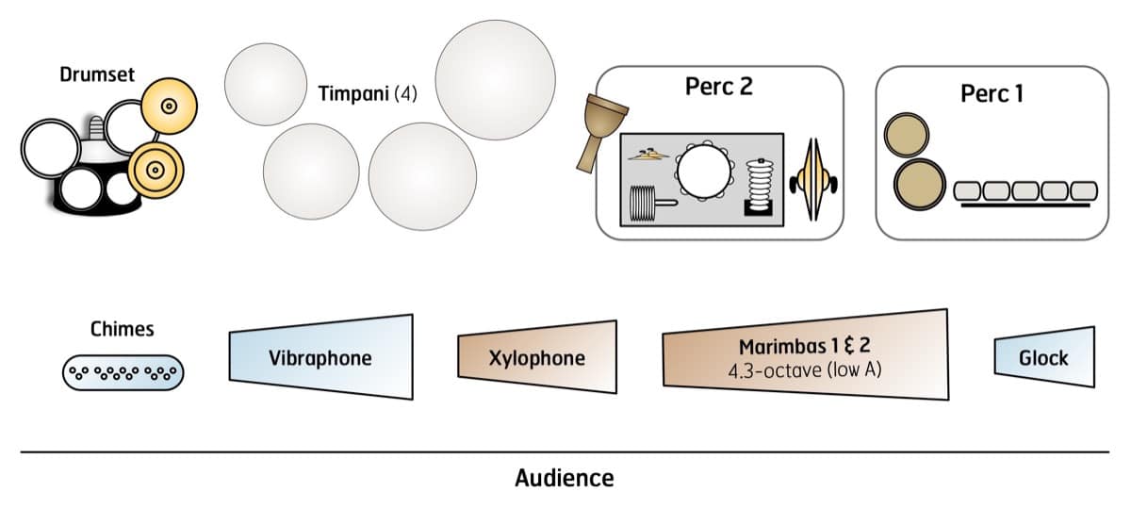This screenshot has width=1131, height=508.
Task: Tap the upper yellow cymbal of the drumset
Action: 169,106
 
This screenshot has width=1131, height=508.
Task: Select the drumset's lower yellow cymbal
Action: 156,170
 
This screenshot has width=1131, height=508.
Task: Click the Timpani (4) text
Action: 368,95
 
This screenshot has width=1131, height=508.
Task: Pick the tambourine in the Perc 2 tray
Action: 699,170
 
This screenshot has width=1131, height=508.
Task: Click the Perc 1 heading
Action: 992,94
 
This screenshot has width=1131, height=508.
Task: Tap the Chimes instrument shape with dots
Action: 123,372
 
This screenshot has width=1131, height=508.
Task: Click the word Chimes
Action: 123,330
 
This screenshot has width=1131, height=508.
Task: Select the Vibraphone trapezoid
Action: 320,357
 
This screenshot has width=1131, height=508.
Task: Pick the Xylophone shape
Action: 537,358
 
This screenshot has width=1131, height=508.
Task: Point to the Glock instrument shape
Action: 1044,358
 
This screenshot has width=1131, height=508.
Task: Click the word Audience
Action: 565,478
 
